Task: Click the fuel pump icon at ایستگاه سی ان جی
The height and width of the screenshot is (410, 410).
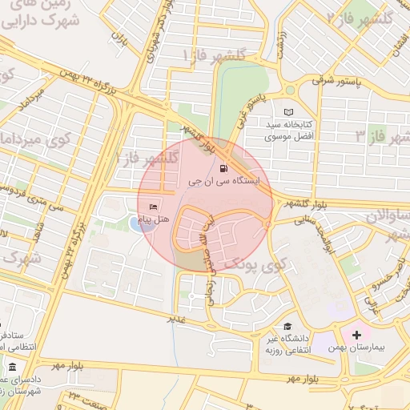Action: click(223, 169)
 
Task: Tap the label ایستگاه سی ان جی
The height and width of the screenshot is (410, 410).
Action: click(223, 183)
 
